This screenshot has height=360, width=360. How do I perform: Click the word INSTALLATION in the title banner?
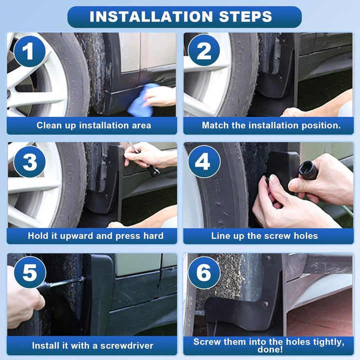click(x=151, y=16)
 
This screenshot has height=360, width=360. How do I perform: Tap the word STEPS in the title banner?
click(x=245, y=16)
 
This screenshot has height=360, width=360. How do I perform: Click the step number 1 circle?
click(x=29, y=51)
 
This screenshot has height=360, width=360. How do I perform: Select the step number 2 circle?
click(x=204, y=50)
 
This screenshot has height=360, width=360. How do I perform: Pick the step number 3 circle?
click(x=29, y=161)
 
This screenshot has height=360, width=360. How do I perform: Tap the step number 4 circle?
click(x=204, y=161)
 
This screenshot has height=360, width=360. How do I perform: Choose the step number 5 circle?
click(x=29, y=272)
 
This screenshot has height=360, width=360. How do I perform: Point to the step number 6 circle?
click(x=204, y=272)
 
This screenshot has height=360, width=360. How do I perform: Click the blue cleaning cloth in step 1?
click(x=143, y=100)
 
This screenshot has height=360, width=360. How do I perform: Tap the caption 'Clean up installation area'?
click(x=94, y=125)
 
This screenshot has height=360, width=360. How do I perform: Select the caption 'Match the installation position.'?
click(x=271, y=125)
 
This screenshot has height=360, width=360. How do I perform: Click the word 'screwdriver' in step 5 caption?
click(x=126, y=345)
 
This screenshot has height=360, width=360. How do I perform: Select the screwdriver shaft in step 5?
click(x=66, y=282)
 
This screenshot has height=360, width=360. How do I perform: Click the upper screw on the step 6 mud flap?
click(x=268, y=259)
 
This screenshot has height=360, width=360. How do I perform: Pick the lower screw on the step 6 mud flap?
click(x=266, y=304)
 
